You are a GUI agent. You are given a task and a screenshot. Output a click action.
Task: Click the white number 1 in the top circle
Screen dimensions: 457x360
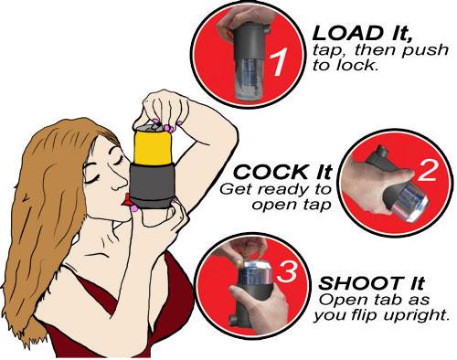(x=278, y=63)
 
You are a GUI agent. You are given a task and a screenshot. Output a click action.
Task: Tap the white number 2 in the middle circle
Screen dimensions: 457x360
(x=427, y=171)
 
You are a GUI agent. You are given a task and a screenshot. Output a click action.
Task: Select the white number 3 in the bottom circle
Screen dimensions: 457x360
(x=287, y=271)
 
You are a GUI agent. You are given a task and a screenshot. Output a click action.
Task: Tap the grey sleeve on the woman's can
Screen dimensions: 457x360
(x=152, y=185)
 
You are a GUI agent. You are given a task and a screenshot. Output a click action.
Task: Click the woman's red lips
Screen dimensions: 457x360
(x=126, y=200)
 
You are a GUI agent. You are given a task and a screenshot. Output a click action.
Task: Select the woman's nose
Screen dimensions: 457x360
(x=120, y=184)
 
